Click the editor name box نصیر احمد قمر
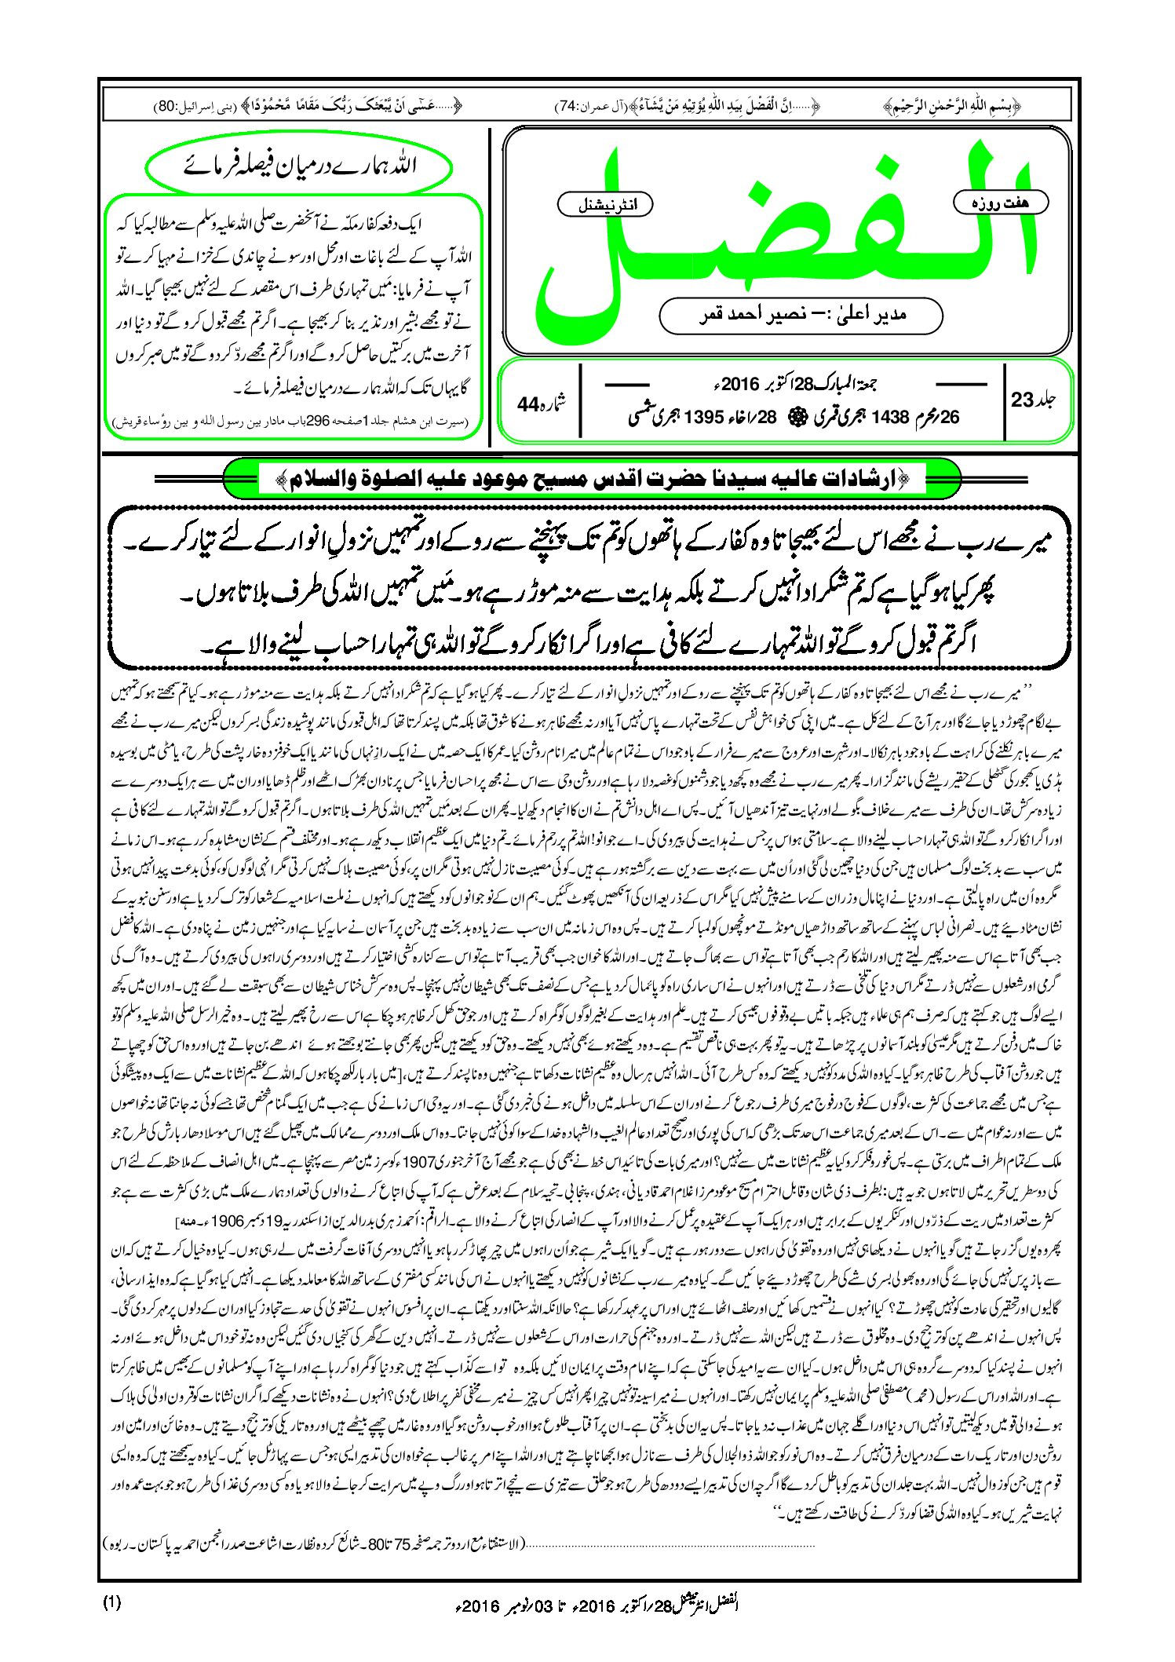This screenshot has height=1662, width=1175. [x=801, y=315]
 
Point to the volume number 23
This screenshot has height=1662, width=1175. [x=1024, y=400]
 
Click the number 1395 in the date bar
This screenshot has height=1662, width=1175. [x=702, y=418]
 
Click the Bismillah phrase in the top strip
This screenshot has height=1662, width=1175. [x=952, y=104]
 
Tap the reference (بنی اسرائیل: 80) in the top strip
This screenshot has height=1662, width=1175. [x=180, y=105]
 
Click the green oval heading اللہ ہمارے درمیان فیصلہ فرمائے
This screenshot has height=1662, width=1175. [x=299, y=166]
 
